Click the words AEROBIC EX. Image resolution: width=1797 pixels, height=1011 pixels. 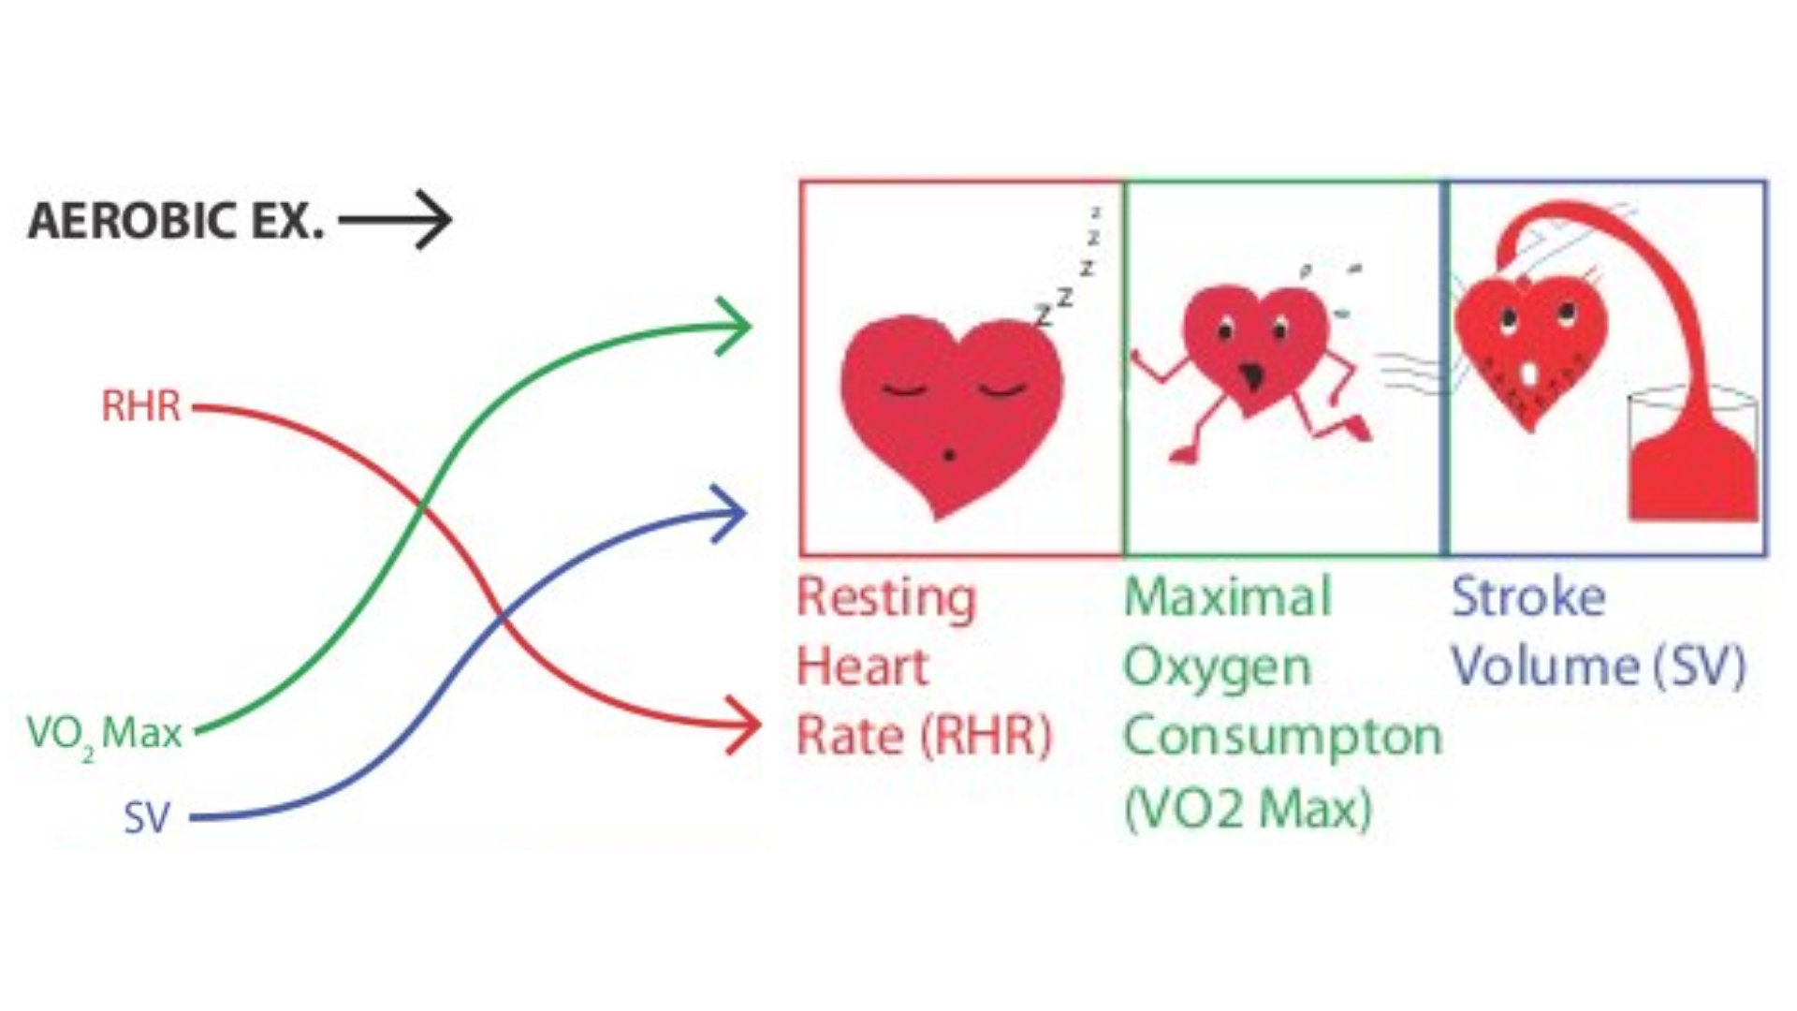point(175,222)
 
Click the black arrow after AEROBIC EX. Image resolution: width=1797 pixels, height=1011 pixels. point(397,221)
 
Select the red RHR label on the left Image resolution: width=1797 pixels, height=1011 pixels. point(140,406)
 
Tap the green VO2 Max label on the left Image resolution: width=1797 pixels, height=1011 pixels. point(104,733)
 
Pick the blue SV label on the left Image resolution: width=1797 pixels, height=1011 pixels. point(147,818)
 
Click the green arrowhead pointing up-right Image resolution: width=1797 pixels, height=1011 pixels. point(735,326)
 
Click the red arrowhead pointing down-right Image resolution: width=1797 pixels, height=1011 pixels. point(744,725)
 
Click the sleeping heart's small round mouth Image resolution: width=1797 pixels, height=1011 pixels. point(949,455)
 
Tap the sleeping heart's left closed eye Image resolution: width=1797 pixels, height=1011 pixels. point(904,388)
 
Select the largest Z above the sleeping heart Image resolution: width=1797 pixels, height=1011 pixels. point(1044,315)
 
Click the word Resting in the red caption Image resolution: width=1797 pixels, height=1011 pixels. point(885,598)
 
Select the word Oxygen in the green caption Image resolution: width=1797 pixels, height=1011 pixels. point(1217,668)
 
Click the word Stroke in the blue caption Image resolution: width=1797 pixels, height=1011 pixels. point(1527,597)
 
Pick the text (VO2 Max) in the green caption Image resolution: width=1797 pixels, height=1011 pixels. point(1248,808)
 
